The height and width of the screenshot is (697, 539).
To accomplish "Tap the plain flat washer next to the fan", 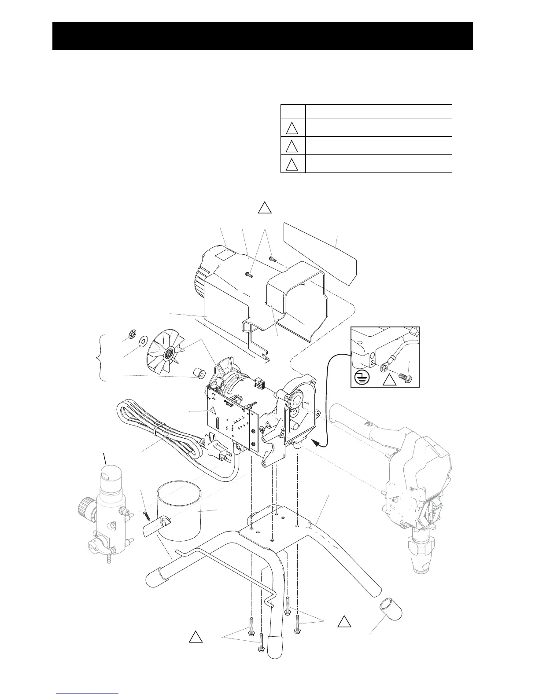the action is point(142,341).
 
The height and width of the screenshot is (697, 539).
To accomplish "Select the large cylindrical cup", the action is point(181,510).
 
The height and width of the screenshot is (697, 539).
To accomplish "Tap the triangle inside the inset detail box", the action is point(388,378).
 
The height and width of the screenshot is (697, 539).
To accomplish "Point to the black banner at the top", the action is point(262,36).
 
